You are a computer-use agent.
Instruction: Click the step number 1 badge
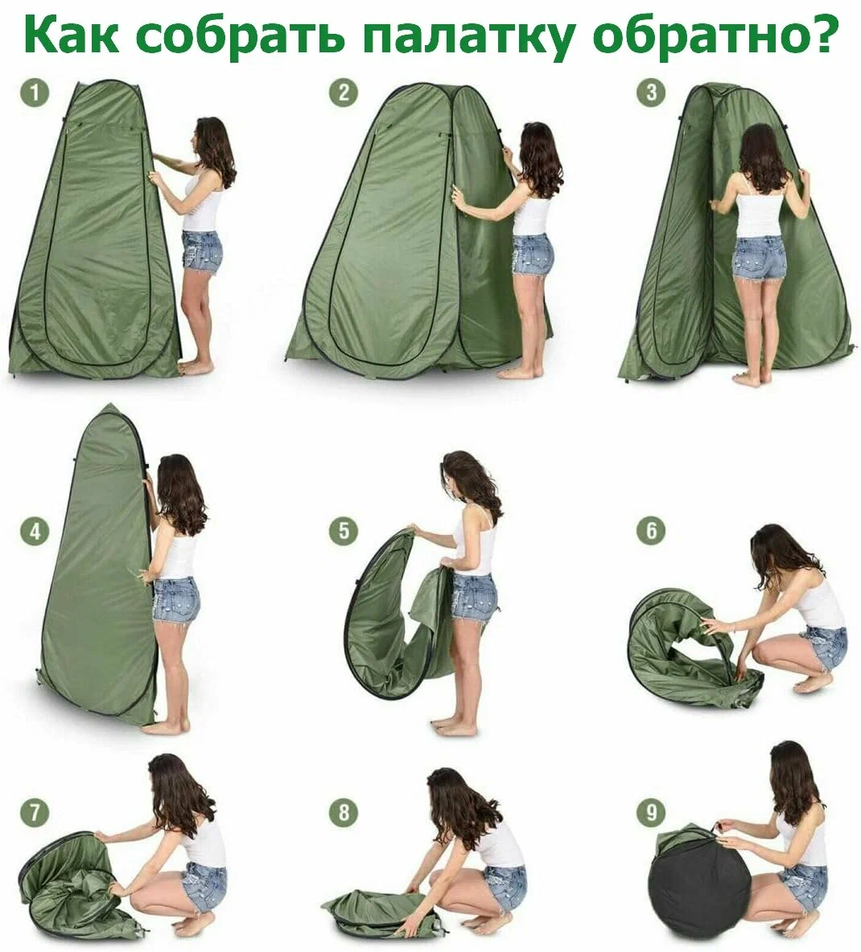tap(35, 93)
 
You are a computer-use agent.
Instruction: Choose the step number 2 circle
tap(344, 93)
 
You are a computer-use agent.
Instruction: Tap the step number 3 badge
tap(651, 93)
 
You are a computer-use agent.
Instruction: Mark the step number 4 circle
tap(35, 531)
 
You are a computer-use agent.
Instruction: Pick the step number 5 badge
tap(344, 531)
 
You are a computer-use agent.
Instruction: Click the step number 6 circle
tap(651, 531)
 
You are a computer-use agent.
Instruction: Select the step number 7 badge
tap(35, 813)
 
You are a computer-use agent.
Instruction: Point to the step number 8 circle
tap(344, 813)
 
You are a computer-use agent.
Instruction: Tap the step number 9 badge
tap(651, 813)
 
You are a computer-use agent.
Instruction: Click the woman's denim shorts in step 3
tap(759, 259)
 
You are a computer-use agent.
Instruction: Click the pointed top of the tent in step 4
tap(108, 405)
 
